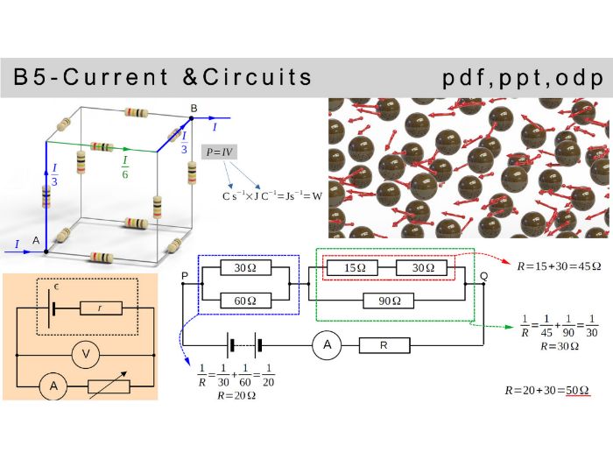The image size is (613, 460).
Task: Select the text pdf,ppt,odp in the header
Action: pos(523,78)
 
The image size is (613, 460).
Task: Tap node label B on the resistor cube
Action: pos(194,108)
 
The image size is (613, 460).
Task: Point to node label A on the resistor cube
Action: pos(36,240)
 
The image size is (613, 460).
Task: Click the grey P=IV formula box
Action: pos(219,152)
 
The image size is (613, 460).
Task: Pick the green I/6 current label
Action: pos(125,166)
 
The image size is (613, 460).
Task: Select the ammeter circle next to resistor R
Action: pos(328,345)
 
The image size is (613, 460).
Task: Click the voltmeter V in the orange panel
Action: pos(85,355)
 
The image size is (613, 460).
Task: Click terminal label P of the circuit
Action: pos(184,276)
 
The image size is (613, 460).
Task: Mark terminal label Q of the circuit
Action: pos(483,276)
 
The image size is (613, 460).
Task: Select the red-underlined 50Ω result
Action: pos(575,389)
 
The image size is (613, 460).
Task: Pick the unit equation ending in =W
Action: pos(271,196)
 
